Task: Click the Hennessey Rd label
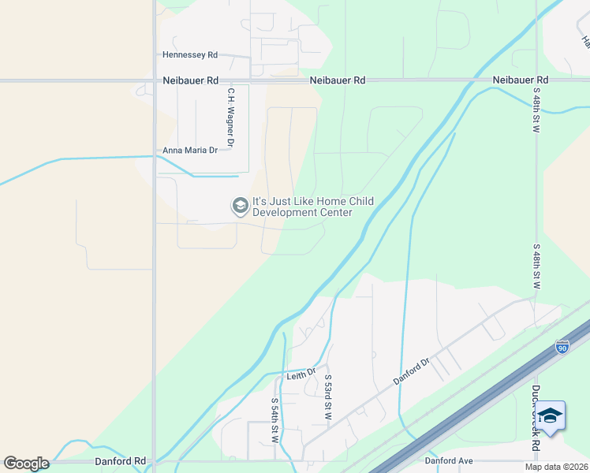[x=189, y=55]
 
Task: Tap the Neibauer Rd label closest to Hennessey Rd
[x=191, y=80]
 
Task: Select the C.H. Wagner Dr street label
[x=231, y=118]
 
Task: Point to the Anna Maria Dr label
[x=189, y=150]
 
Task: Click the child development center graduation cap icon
[x=239, y=207]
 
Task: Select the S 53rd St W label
[x=327, y=397]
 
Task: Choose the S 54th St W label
[x=275, y=423]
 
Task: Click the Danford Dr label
[x=410, y=372]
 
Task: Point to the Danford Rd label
[x=121, y=461]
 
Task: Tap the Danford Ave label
[x=448, y=460]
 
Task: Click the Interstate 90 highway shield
[x=561, y=348]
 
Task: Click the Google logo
[x=26, y=464]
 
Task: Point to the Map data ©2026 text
[x=556, y=467]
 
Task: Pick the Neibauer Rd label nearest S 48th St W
[x=520, y=80]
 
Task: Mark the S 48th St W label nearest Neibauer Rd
[x=536, y=110]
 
